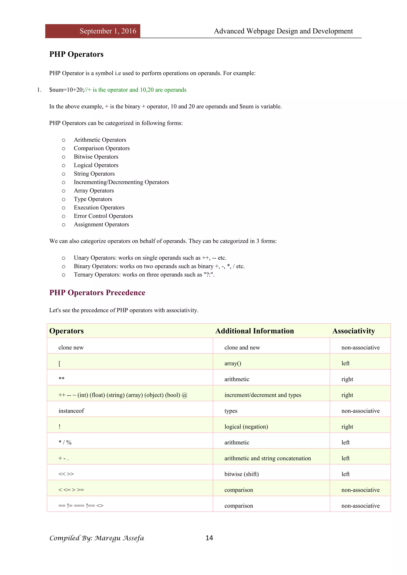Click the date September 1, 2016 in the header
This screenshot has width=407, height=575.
(108, 31)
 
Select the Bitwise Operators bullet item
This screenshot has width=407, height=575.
(96, 157)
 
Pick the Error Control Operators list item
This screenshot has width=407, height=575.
(103, 216)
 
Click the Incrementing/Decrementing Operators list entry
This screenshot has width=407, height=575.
(121, 182)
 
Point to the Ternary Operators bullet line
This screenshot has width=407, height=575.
(144, 275)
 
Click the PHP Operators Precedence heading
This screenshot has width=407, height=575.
(97, 293)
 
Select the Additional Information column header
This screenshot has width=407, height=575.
(254, 331)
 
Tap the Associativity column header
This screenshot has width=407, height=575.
(353, 331)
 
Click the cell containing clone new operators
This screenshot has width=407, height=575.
(71, 348)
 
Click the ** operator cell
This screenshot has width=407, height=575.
(61, 379)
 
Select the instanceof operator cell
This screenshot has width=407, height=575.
(71, 411)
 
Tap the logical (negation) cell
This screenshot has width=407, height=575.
(246, 427)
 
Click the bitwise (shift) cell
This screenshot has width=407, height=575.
(241, 474)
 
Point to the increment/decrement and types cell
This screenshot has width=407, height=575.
(263, 395)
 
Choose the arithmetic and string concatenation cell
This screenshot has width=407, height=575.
(267, 458)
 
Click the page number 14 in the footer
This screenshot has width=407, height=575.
(209, 538)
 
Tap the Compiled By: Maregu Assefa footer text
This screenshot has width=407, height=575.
(97, 538)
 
